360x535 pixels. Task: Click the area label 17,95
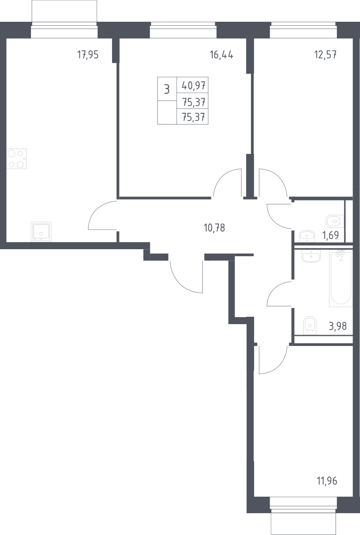coord(88,55)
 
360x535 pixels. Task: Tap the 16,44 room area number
coord(221,55)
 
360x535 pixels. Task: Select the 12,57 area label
coord(326,55)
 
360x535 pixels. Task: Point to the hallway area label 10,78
coord(214,228)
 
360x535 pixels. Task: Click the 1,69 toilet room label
coord(331,235)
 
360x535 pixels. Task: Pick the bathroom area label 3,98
coord(337,326)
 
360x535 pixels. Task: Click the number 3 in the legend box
coord(167,90)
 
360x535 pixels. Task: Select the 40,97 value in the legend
coord(194,85)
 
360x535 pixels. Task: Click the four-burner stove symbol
coord(17,159)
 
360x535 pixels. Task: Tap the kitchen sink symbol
coord(41,232)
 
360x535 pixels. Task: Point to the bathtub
coord(341,278)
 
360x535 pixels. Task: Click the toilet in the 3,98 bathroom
coord(309,326)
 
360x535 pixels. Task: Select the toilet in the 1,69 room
coord(335,221)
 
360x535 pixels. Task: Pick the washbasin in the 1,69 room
coord(307,237)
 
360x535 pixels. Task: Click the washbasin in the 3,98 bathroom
coord(311,256)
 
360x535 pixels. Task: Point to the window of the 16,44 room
coord(183,30)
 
